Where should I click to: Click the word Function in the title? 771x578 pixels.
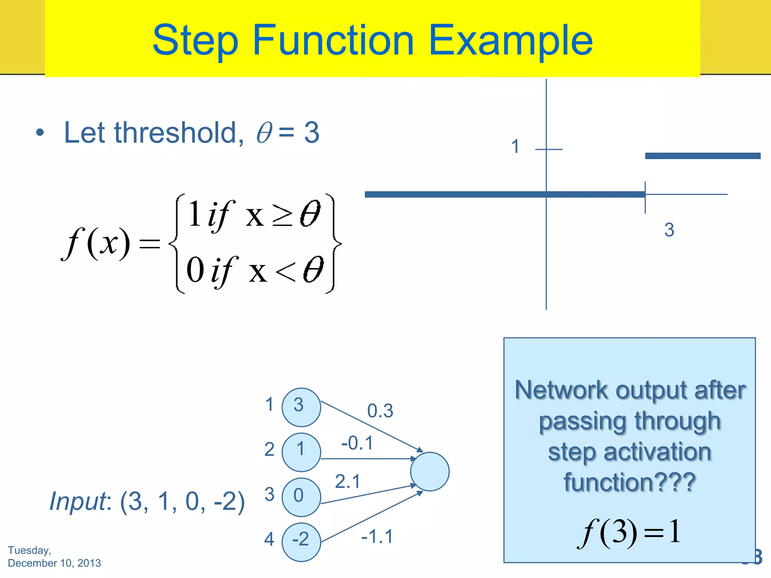pos(333,40)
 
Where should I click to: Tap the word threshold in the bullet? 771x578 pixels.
pos(175,133)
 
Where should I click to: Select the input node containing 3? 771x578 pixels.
pos(301,407)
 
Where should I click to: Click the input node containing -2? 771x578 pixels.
pos(301,542)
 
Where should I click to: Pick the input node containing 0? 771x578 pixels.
pos(301,497)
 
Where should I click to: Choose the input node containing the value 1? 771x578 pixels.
pos(301,452)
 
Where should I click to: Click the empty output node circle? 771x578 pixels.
pos(430,472)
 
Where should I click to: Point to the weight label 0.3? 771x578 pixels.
pos(380,411)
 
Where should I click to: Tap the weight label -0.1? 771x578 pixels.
pos(357,443)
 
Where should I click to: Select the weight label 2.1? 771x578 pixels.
pos(348,482)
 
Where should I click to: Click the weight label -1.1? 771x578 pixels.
pos(377,536)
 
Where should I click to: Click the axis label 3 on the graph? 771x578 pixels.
pos(669,230)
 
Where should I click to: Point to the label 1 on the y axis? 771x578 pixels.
pos(515,146)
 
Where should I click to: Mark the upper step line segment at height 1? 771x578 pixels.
pos(702,156)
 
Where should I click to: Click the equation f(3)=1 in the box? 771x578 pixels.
pos(629,532)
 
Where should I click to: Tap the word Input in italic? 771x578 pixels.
pos(78,501)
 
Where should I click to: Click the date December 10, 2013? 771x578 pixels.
pos(54,563)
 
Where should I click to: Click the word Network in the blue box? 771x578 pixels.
pos(561,390)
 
